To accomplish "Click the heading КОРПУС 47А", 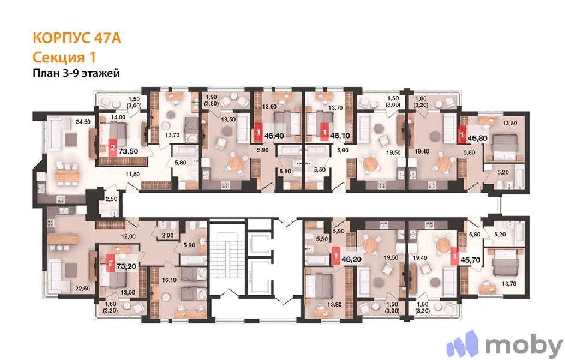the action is tap(77, 38).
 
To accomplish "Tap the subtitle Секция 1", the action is tap(64, 57).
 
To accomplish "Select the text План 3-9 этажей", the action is tap(76, 73).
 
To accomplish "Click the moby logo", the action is tap(505, 345).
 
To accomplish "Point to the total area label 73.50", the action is tap(129, 151).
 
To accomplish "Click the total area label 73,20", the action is tap(126, 266).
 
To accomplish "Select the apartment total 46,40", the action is tap(274, 136).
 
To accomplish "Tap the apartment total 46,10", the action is tap(340, 136).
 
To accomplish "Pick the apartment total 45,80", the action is tap(477, 138).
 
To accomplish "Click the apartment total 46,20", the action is tap(351, 259).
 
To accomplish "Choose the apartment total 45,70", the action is tap(470, 260).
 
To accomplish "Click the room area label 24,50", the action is tap(83, 122).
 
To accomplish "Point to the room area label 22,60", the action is tap(83, 288).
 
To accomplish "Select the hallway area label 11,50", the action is tap(133, 174).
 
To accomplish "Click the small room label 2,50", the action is tap(111, 199).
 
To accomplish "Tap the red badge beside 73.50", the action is tap(113, 148).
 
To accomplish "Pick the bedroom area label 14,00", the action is tap(118, 117).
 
